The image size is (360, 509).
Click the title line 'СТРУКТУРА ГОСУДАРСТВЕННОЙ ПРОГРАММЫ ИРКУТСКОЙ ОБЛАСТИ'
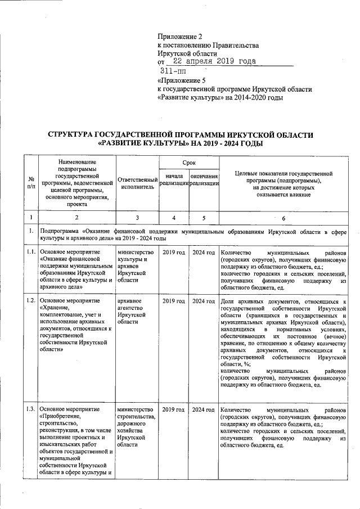(x=180, y=135)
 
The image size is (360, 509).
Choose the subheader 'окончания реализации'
(x=204, y=180)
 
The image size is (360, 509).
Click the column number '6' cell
(x=283, y=218)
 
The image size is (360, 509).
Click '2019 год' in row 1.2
(x=174, y=301)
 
